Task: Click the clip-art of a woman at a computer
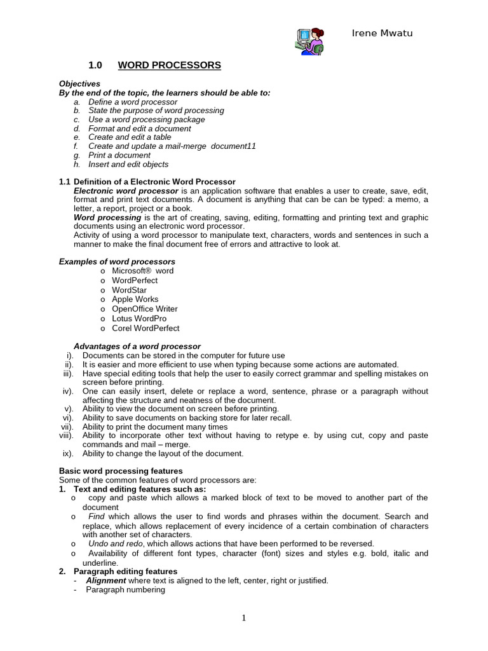click(310, 41)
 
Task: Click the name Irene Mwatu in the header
click(382, 33)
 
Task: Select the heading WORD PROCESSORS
click(170, 65)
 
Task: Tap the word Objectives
click(79, 84)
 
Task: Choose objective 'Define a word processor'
click(133, 102)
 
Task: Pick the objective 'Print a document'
click(119, 155)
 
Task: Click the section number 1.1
click(65, 182)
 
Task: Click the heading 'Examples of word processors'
click(117, 262)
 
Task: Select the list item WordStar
click(129, 290)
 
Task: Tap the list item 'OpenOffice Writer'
click(145, 309)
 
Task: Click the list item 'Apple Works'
click(135, 299)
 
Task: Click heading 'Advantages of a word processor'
click(137, 346)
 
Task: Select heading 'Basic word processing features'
click(121, 471)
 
